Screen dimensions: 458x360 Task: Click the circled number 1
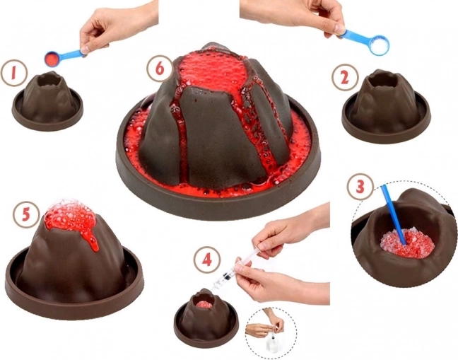click(x=14, y=73)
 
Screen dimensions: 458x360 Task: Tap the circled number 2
click(x=345, y=78)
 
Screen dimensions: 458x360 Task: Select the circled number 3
click(x=360, y=187)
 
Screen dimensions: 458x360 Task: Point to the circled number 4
click(x=207, y=260)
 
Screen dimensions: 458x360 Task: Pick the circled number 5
click(x=25, y=214)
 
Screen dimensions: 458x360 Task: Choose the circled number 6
click(x=160, y=69)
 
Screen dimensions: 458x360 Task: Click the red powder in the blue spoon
click(x=52, y=59)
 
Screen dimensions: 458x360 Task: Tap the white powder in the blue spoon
click(x=379, y=45)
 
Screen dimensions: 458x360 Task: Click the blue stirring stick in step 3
click(x=394, y=214)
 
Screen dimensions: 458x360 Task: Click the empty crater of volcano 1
click(x=49, y=80)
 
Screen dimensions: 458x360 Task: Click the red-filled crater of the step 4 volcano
click(x=204, y=304)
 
